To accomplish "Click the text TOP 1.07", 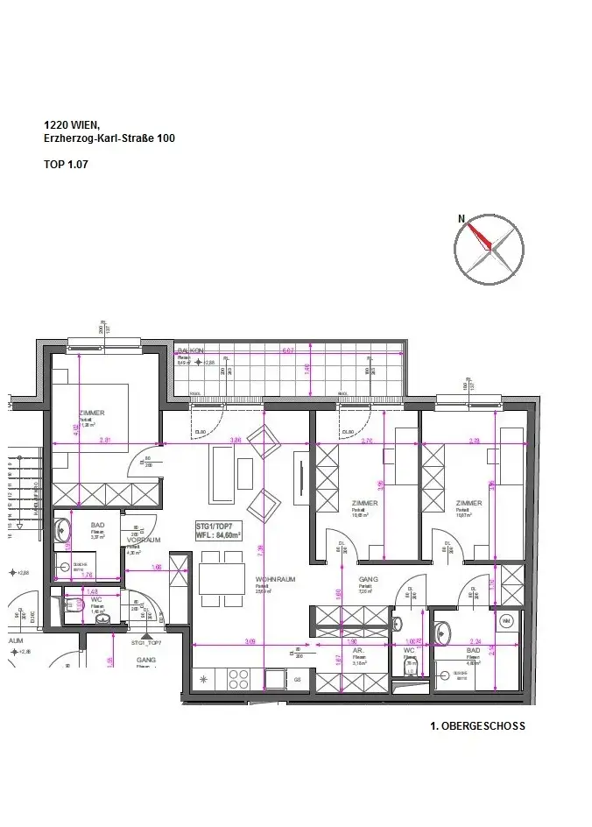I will coord(66,164).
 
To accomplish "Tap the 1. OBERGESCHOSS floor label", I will coord(477,726).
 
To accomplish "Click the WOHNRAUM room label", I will coord(272,580).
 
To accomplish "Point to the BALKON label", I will coord(190,350).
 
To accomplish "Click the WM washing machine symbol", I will coord(506,621).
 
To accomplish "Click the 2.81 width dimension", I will coord(104,440).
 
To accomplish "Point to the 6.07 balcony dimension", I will coord(287,351).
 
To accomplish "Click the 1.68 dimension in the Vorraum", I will coord(157,568).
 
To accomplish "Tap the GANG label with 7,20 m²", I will coord(367,580).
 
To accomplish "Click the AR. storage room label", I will coord(358,652).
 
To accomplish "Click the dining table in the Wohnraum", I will coord(221,578).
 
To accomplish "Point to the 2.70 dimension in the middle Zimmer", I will coord(367,441).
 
